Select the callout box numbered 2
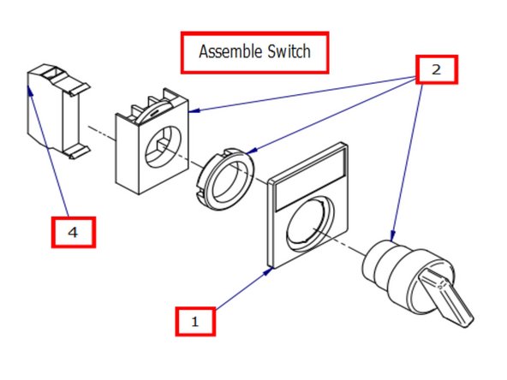[436, 69]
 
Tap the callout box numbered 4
[72, 232]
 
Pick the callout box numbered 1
[195, 321]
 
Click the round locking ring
[224, 177]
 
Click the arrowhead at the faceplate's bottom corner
[271, 268]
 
